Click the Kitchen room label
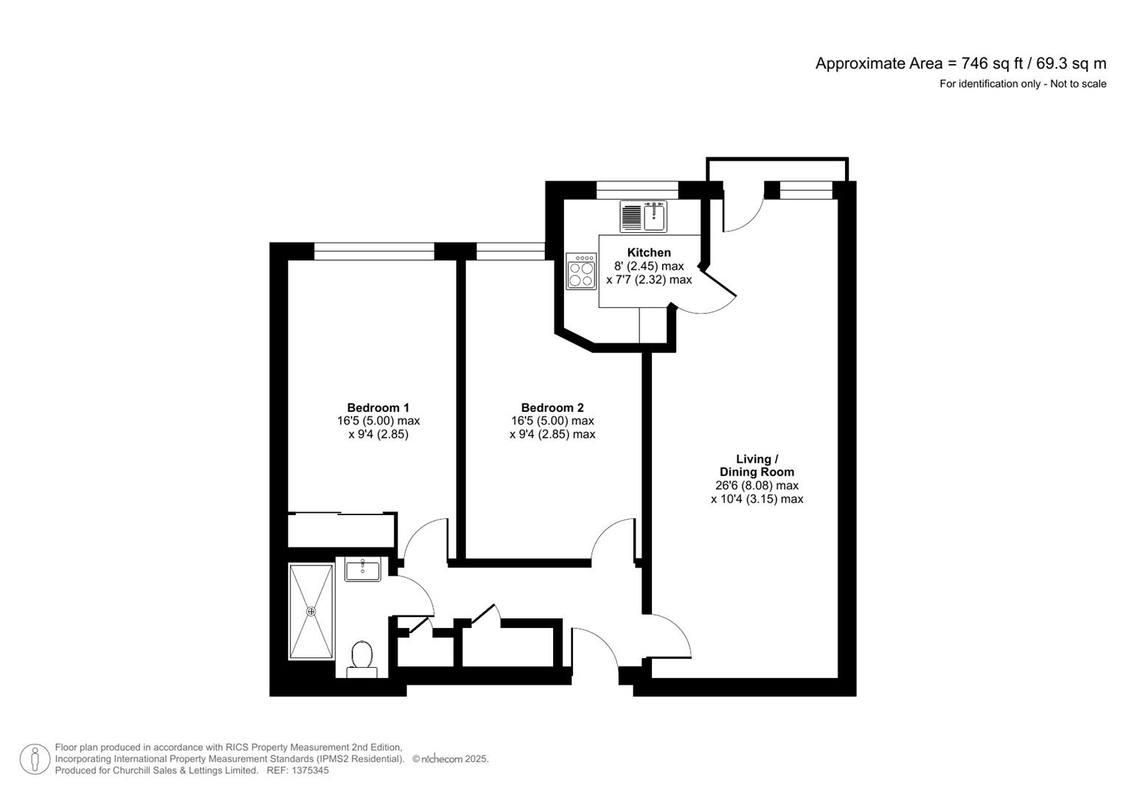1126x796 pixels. point(649,253)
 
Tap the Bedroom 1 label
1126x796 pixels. point(378,408)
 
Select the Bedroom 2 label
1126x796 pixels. point(552,408)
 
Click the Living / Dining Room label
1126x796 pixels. point(757,466)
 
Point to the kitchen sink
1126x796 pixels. point(654,216)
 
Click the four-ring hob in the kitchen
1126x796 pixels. point(581,271)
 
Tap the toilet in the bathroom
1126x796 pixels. point(361,657)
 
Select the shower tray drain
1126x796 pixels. point(311,611)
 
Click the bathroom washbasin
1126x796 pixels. point(363,569)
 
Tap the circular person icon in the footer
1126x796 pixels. point(35,759)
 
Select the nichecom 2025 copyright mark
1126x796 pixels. point(450,759)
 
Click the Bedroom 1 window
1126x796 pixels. point(374,252)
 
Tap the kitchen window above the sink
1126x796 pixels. point(637,190)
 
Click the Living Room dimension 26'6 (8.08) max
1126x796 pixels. point(757,486)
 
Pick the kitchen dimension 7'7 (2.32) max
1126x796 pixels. point(649,280)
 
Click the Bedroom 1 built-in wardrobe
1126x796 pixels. point(341,530)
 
